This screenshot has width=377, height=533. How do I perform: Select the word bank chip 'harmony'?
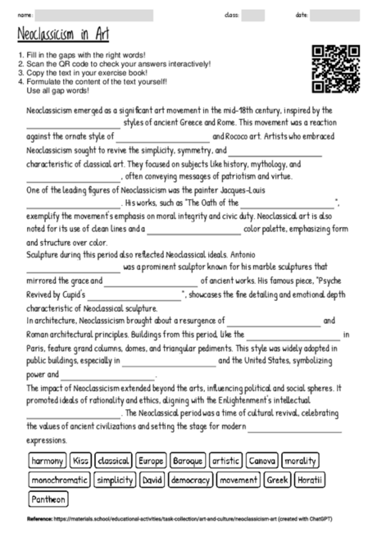[48, 461]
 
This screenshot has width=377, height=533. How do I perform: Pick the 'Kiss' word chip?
[80, 461]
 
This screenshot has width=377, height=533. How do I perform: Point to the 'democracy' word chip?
[191, 480]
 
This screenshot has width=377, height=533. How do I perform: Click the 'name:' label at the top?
[25, 16]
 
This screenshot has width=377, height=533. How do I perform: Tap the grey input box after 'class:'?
[252, 16]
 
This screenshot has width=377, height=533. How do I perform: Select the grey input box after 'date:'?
[339, 16]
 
